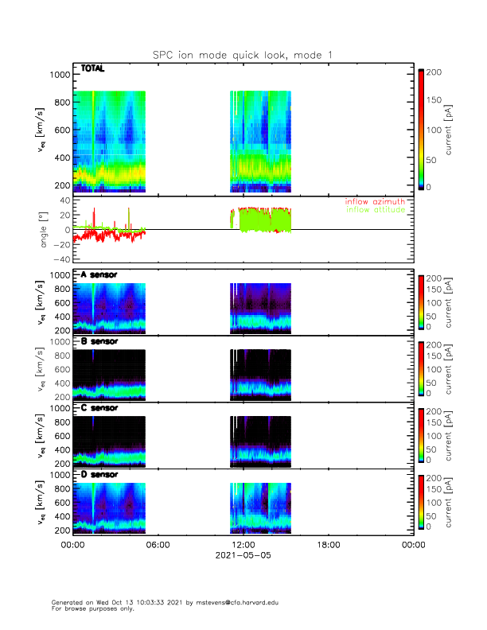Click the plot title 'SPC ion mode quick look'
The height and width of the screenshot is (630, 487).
(x=243, y=54)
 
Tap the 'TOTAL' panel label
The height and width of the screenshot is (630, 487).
(x=93, y=69)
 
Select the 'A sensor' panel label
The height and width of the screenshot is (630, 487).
(x=99, y=274)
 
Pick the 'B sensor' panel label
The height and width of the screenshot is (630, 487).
(x=99, y=341)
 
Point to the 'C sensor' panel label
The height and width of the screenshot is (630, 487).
(x=99, y=408)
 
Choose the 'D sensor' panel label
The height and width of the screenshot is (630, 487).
(x=99, y=475)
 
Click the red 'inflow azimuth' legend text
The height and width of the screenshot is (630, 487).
(x=374, y=202)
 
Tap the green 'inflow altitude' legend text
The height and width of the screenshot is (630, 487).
(x=374, y=210)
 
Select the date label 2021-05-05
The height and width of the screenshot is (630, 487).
(x=243, y=555)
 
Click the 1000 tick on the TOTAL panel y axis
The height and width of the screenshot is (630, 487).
(x=59, y=75)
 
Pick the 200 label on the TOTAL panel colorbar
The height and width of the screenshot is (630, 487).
(x=435, y=72)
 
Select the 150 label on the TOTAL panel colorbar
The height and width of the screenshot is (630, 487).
(x=435, y=101)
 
